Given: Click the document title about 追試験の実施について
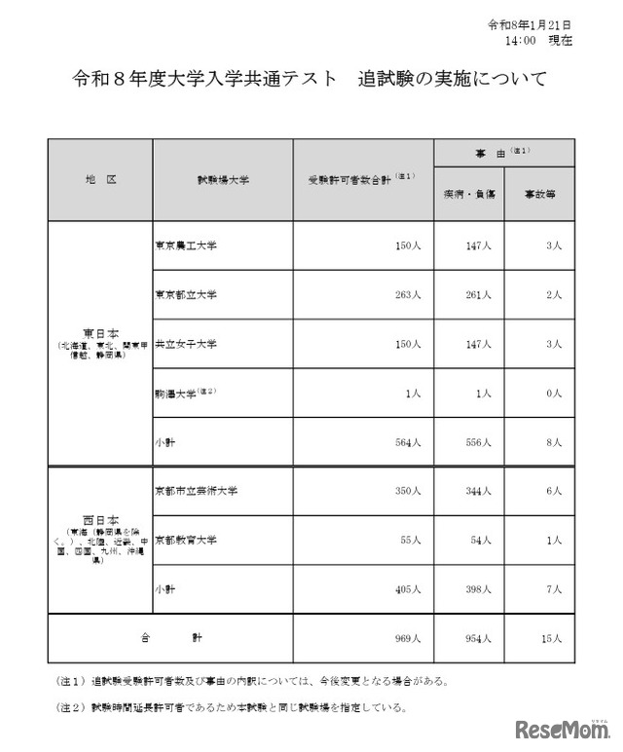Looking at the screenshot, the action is click(x=311, y=78).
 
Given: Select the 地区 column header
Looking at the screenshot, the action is click(x=101, y=180).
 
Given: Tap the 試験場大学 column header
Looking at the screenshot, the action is click(x=222, y=180).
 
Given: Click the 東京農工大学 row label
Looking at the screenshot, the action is click(x=186, y=245).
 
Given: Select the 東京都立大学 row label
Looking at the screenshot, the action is click(x=186, y=294).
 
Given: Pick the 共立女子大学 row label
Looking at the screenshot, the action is click(x=186, y=344).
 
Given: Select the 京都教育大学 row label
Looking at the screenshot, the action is click(x=186, y=540).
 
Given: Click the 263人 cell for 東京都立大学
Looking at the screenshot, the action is click(x=405, y=294).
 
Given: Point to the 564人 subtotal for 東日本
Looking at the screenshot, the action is click(x=405, y=442).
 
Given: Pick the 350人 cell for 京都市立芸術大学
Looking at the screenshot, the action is click(x=405, y=491).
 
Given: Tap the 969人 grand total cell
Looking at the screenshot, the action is click(x=405, y=638).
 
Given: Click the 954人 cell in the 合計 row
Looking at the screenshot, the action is click(x=479, y=638).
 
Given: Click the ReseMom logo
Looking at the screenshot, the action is click(x=559, y=729).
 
